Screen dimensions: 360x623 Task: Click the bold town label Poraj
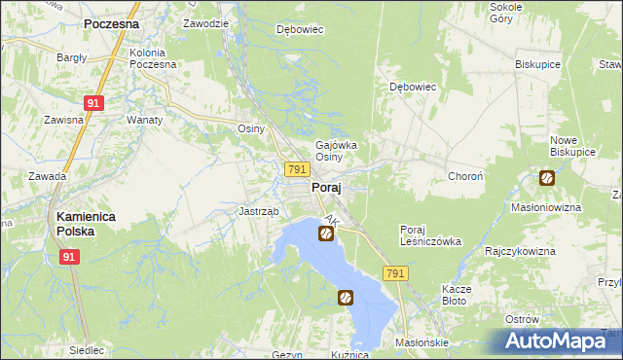click(325, 189)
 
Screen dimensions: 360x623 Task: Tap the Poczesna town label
click(111, 22)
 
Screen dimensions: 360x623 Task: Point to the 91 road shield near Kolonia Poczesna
click(93, 101)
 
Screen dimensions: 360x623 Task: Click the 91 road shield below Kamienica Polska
click(68, 257)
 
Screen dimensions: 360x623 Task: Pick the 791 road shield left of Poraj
click(298, 169)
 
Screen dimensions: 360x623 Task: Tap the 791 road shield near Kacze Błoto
click(394, 275)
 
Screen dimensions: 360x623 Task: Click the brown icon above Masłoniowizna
click(547, 178)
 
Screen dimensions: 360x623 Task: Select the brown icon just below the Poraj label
click(326, 233)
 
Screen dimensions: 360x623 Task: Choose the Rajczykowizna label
click(520, 251)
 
